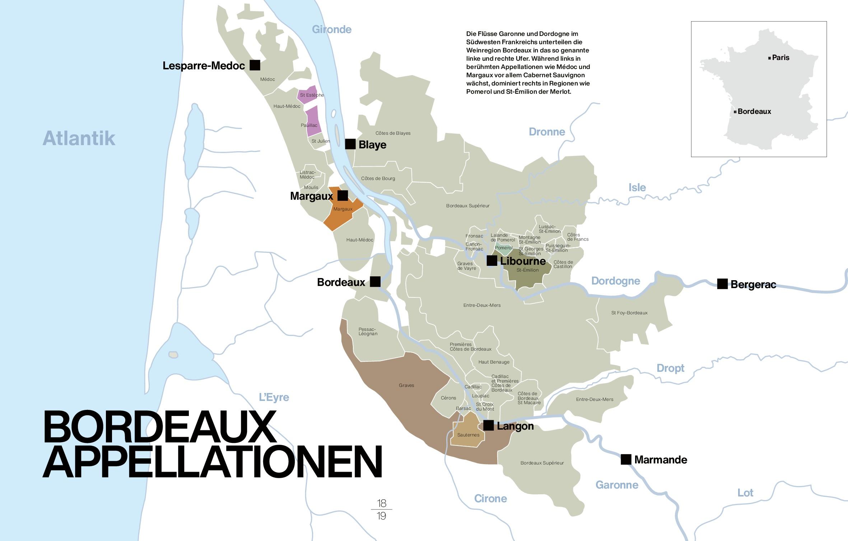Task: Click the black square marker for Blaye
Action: pyautogui.click(x=350, y=144)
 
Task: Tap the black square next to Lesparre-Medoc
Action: pyautogui.click(x=255, y=65)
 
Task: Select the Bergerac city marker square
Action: pyautogui.click(x=722, y=284)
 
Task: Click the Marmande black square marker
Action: pyautogui.click(x=626, y=459)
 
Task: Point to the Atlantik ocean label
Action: pyautogui.click(x=79, y=138)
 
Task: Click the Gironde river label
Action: pyautogui.click(x=331, y=29)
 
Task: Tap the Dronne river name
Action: pyautogui.click(x=547, y=132)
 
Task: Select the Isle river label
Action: pyautogui.click(x=637, y=187)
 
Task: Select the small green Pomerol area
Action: pyautogui.click(x=504, y=248)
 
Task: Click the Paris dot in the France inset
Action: pyautogui.click(x=769, y=58)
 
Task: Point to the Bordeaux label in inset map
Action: pyautogui.click(x=754, y=111)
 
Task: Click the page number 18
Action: pyautogui.click(x=381, y=503)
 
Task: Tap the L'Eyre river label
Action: pyautogui.click(x=274, y=397)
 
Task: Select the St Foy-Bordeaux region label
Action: pyautogui.click(x=629, y=313)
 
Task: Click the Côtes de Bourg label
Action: pyautogui.click(x=378, y=179)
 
